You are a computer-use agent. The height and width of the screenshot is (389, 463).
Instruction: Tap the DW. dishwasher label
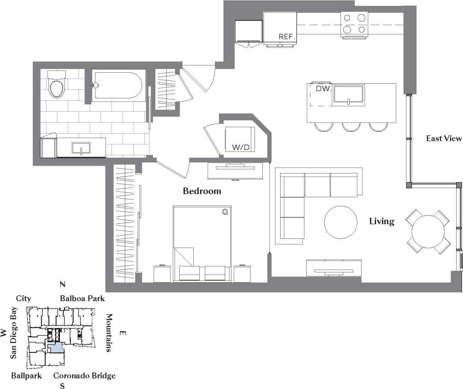coord(323,88)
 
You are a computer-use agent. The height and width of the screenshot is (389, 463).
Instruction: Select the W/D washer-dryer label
coord(241,147)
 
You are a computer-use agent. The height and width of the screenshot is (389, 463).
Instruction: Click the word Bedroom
coord(202,191)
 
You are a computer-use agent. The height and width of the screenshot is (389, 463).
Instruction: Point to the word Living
coord(382,222)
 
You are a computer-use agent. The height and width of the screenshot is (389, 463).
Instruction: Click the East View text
coord(444,138)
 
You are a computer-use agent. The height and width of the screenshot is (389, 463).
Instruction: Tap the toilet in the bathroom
coord(58,85)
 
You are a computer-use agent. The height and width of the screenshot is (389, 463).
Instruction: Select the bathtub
coord(118,85)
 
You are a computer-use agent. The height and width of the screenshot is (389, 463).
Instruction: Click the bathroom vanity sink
coord(81,148)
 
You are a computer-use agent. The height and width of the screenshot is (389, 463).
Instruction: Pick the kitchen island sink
coord(349,95)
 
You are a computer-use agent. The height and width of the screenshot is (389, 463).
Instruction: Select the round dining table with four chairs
coord(429,232)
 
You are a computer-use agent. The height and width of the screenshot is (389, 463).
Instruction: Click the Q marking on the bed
coord(224,211)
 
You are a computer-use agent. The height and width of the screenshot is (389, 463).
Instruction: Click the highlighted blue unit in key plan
coord(56,347)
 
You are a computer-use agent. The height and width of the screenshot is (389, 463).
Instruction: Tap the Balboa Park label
coord(83,298)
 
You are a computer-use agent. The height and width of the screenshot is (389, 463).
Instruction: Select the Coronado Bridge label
coord(85,376)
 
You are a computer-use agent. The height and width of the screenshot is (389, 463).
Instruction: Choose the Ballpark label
coord(27,376)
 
